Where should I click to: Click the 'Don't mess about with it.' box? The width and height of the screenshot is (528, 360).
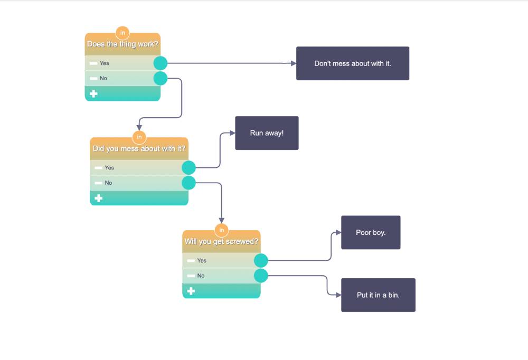(352, 63)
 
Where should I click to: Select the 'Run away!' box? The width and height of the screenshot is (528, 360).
(267, 133)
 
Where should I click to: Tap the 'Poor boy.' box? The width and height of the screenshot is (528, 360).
(371, 232)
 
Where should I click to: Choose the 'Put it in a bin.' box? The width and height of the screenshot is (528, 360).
(378, 295)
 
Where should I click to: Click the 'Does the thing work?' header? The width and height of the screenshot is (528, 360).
(122, 44)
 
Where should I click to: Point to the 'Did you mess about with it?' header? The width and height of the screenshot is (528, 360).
(139, 149)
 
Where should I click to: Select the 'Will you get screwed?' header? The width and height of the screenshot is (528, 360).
(221, 242)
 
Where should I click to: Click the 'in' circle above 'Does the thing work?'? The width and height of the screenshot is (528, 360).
(122, 33)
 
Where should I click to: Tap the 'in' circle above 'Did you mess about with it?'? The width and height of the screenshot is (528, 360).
(139, 137)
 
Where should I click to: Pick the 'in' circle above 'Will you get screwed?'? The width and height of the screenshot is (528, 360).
(222, 230)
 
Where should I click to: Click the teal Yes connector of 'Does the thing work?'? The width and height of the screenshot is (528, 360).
(161, 63)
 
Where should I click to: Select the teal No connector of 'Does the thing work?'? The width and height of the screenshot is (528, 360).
(161, 79)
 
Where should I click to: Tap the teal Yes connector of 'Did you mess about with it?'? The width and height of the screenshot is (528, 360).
(188, 168)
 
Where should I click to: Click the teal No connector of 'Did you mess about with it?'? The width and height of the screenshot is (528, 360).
(188, 183)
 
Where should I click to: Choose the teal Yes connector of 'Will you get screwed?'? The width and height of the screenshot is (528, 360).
(261, 261)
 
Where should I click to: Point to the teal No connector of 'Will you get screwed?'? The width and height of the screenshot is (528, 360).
(261, 276)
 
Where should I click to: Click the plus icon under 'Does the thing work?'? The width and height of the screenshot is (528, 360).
(93, 93)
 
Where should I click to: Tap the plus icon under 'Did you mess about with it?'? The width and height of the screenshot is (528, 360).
(98, 198)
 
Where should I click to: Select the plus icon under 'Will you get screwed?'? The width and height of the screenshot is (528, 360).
(191, 291)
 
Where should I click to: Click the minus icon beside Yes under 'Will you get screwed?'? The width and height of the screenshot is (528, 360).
(191, 261)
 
